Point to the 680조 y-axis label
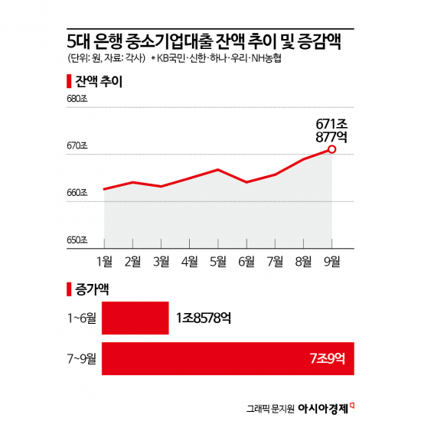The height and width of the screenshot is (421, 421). [78, 100]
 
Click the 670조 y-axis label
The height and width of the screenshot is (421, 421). [78, 146]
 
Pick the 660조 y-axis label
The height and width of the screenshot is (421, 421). [78, 193]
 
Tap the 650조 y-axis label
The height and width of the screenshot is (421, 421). [78, 240]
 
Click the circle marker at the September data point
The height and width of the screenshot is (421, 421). [331, 149]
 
